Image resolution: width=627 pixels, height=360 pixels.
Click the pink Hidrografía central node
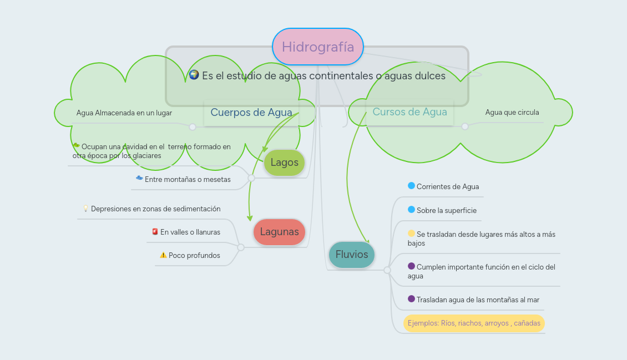point(317,47)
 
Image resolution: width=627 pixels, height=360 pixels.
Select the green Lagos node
point(284,163)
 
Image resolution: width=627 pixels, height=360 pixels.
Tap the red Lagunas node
point(279,232)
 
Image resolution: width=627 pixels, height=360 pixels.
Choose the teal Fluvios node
point(352,255)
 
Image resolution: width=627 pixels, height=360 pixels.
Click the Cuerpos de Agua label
point(251,113)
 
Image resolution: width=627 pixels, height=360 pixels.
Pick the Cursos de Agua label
point(409,112)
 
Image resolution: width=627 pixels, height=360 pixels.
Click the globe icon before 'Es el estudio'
point(194,75)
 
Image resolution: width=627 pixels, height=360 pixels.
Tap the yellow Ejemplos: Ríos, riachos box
point(473,323)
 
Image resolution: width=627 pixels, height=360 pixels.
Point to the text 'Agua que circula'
point(512,113)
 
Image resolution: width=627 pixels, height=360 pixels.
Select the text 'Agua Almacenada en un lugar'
point(124,113)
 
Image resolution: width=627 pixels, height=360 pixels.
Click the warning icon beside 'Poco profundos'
point(163,255)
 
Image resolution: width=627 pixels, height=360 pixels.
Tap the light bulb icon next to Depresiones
point(85,209)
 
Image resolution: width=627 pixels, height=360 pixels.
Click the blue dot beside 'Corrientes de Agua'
point(411,186)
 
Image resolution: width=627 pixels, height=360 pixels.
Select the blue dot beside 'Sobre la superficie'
point(411,210)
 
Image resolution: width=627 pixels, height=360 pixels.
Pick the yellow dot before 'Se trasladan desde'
point(411,234)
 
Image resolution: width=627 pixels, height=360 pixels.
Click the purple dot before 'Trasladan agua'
point(411,299)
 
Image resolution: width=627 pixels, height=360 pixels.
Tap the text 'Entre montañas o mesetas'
point(188,180)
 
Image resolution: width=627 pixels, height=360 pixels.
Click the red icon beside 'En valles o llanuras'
point(155,232)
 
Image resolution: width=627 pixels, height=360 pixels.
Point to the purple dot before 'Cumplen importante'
point(411,266)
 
